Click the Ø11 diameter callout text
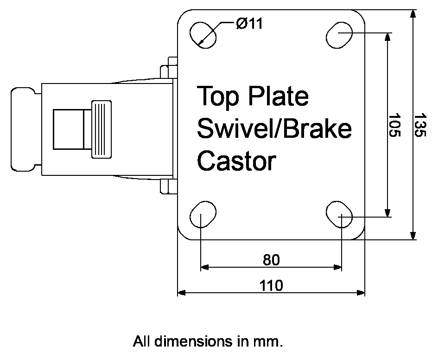pos(249,24)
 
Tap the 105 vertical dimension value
pos(394,125)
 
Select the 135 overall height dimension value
pos(419,125)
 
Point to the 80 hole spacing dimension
pos(271,260)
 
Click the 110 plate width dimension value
pos(271,285)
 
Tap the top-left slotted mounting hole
pos(203,34)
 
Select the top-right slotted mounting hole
pos(339,34)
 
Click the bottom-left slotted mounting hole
pos(203,215)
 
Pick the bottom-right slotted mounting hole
pos(339,215)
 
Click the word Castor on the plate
pos(236,161)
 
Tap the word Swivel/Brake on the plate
pos(274,129)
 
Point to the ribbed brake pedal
pos(102,129)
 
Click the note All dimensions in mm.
pos(208,342)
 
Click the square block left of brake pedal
pos(68,129)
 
